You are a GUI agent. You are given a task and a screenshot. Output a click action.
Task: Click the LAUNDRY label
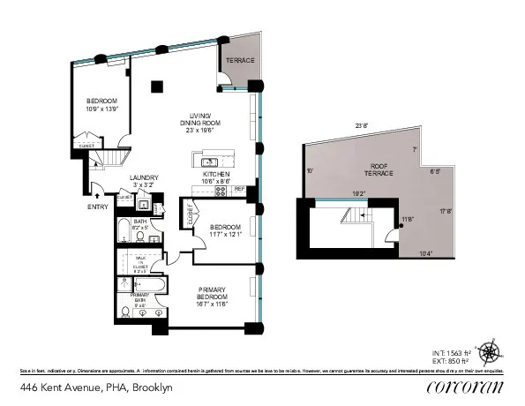143,178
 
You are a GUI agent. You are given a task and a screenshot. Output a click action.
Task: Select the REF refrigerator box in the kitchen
239,190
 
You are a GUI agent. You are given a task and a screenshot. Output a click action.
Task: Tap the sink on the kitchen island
210,162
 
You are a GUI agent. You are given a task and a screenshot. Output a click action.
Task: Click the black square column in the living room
156,86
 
